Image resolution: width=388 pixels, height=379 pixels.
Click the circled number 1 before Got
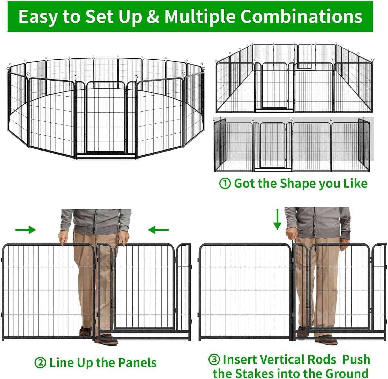225,184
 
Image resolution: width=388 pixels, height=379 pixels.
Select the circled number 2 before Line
40,363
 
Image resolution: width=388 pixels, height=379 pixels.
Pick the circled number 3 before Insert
214,359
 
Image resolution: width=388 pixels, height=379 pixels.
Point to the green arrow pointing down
277,219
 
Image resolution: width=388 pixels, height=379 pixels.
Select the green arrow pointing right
26,230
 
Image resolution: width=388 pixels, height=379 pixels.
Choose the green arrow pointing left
158,230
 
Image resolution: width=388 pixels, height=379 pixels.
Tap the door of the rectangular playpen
274,86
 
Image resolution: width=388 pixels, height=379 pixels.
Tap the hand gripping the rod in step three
291,234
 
